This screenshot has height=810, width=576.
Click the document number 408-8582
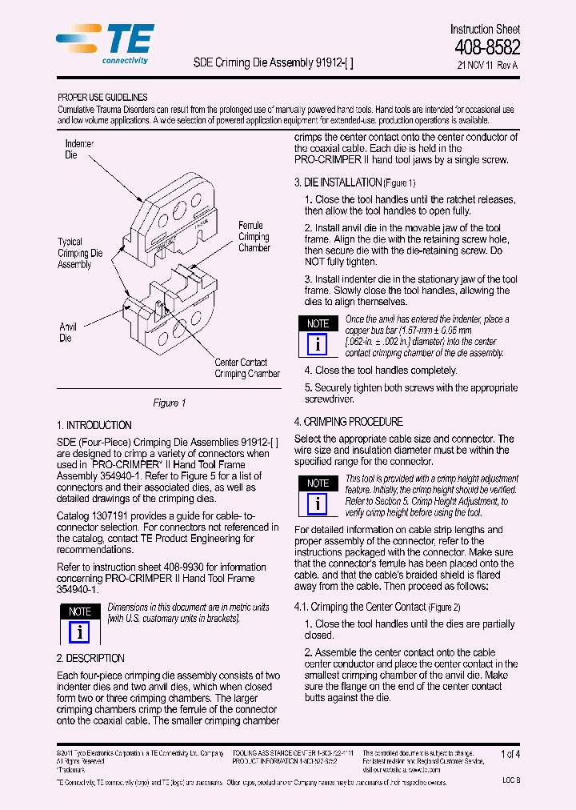coord(487,48)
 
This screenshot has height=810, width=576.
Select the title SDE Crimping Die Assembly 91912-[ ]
coord(274,62)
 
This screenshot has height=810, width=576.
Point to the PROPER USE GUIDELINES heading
coord(102,97)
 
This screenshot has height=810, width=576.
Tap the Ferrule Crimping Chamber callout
coord(254,237)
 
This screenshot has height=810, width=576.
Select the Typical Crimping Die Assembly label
coord(79,253)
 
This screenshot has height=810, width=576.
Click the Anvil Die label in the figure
coord(68,332)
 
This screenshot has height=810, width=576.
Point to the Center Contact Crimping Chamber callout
coord(246,368)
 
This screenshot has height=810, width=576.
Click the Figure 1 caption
coord(169,403)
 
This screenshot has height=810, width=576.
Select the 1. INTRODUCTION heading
coord(94,425)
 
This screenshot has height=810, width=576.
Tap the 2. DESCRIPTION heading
coord(90,658)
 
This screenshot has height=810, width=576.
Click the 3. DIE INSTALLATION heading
coord(354,182)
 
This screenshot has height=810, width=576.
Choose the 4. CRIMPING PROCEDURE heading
coord(348,422)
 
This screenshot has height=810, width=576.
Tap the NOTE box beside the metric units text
coord(79,624)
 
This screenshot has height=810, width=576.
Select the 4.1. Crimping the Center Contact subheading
coord(377,607)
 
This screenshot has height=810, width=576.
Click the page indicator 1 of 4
coord(510,754)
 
